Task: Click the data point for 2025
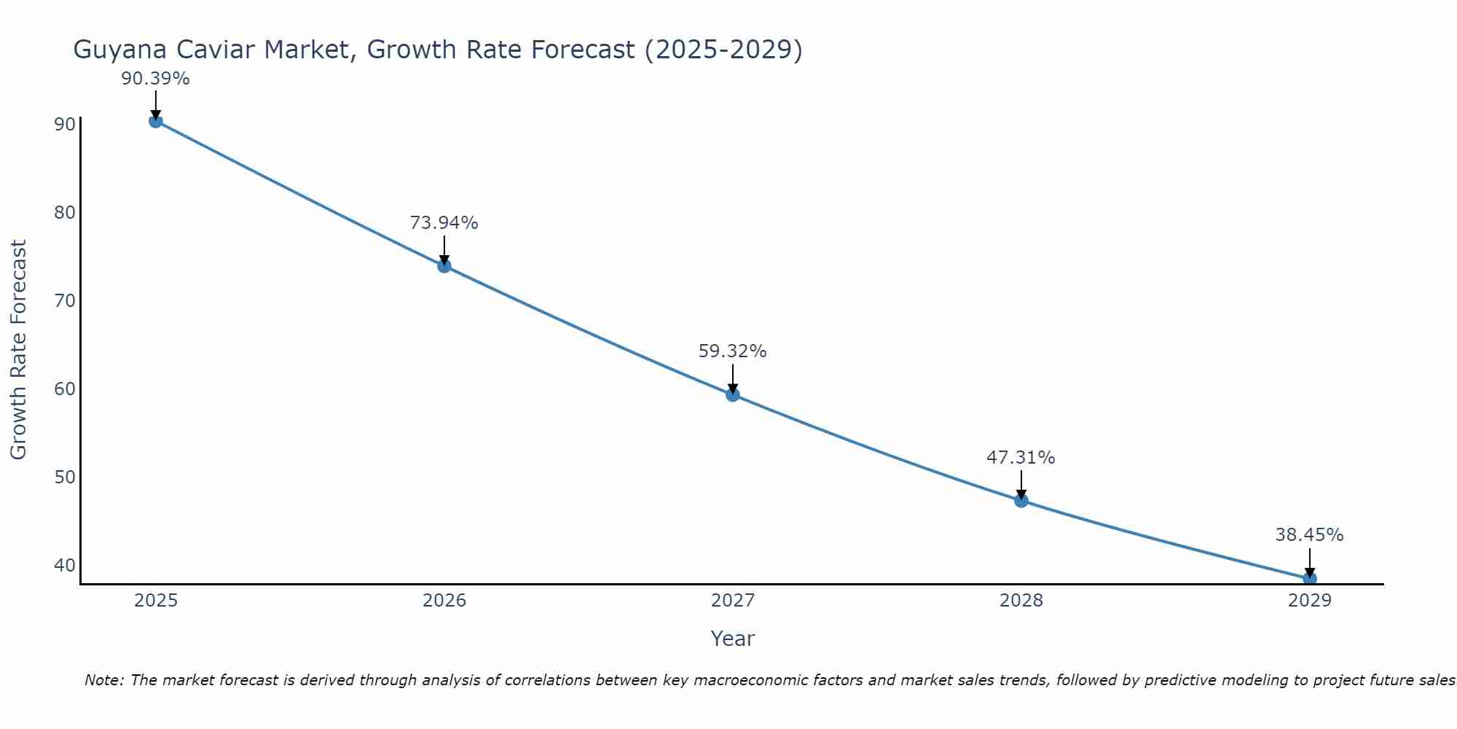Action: point(155,121)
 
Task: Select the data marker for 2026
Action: point(444,266)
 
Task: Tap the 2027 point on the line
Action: point(733,395)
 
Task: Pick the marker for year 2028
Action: point(1021,501)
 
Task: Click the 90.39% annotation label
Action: point(155,79)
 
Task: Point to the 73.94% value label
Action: point(444,223)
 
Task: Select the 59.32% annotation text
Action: point(732,351)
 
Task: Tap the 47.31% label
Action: point(1021,458)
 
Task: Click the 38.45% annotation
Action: point(1309,535)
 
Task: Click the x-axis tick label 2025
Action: point(156,601)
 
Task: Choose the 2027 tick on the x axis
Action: point(733,601)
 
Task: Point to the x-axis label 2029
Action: point(1309,601)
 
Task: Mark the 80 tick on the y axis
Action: point(65,213)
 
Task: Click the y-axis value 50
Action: point(65,477)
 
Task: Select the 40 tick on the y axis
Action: point(65,566)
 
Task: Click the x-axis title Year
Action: point(732,639)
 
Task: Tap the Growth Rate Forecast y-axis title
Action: point(18,350)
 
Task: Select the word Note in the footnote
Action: point(103,680)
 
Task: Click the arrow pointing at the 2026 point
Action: point(444,248)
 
